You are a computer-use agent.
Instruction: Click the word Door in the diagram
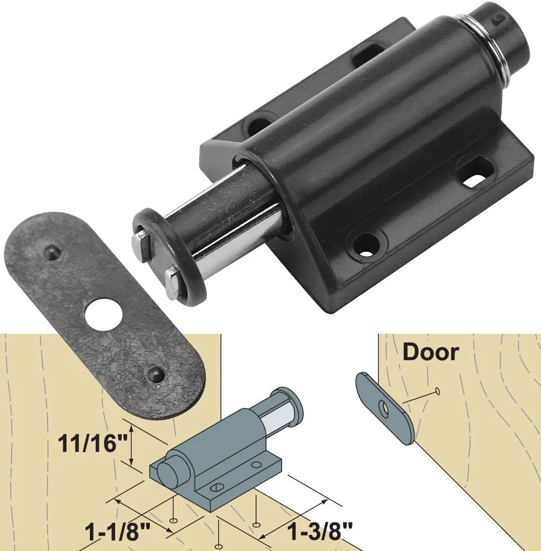click(431, 352)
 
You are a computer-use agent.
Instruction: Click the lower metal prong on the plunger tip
click(171, 283)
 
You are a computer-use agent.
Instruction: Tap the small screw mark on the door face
click(437, 390)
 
